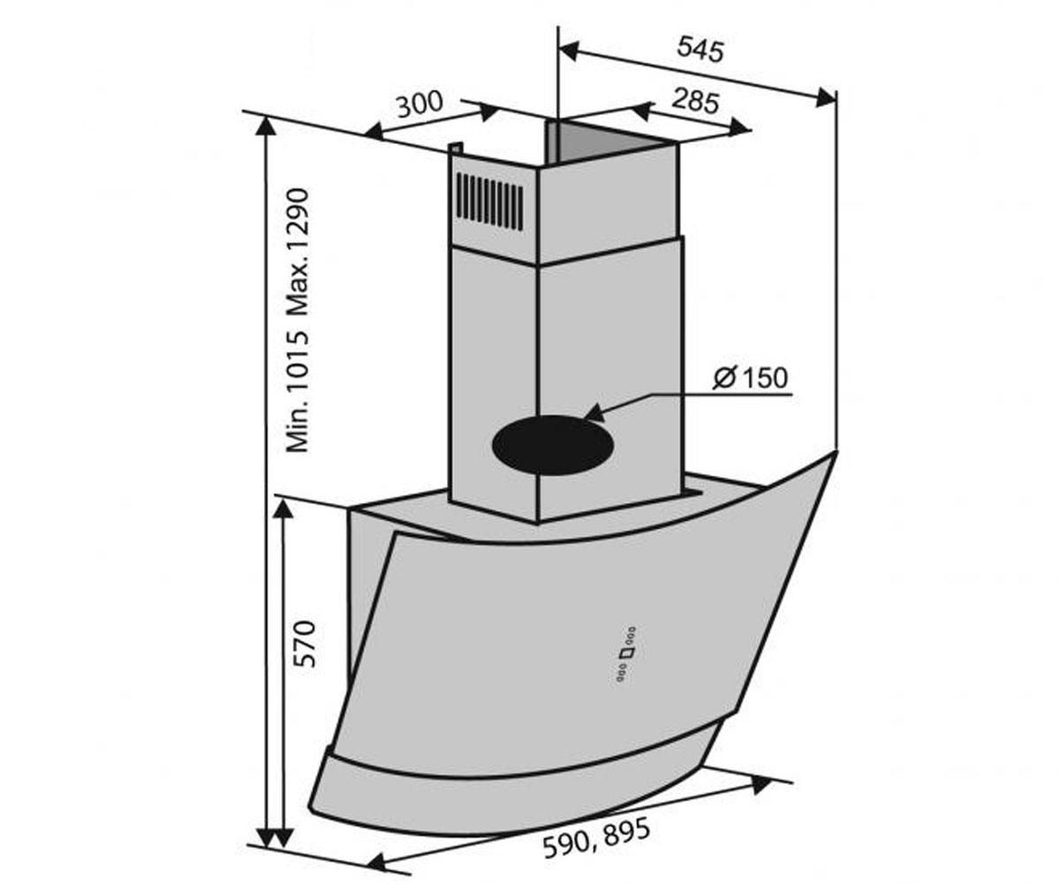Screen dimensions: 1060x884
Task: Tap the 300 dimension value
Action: [420, 104]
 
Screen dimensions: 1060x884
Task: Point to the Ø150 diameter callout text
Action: [750, 378]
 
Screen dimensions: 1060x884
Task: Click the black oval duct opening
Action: [553, 446]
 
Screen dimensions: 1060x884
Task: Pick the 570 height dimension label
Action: [306, 644]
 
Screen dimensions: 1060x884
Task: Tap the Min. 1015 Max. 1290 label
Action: [298, 321]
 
